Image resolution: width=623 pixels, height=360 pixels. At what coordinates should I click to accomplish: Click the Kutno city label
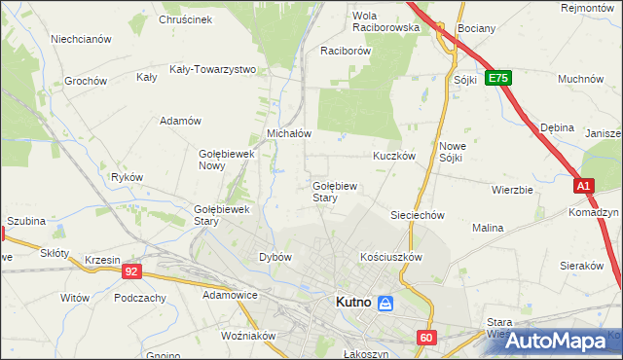click(x=351, y=303)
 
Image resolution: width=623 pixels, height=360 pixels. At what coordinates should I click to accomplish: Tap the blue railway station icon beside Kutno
click(x=385, y=304)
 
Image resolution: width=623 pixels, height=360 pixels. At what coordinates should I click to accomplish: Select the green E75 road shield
click(x=498, y=77)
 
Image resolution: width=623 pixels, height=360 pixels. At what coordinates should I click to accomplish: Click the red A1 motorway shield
click(x=582, y=185)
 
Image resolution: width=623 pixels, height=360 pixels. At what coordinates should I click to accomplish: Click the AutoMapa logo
click(x=556, y=341)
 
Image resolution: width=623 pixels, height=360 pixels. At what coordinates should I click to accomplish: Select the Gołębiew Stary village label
click(x=338, y=191)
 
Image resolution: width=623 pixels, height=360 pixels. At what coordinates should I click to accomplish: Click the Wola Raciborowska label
click(x=385, y=21)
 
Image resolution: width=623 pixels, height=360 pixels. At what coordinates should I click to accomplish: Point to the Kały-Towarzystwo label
click(x=212, y=69)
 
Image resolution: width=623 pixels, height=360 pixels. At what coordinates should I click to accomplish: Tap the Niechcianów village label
click(x=81, y=39)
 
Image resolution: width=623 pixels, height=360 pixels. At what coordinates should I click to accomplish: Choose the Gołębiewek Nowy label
click(x=226, y=160)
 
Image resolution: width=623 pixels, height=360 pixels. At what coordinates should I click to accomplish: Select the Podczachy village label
click(x=137, y=298)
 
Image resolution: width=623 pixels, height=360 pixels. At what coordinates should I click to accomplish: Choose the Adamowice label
click(x=230, y=293)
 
